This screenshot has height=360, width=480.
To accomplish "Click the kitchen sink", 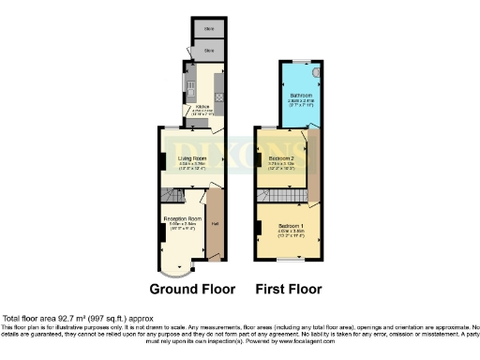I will tap(190, 89).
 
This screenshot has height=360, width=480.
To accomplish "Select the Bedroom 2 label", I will tap(282, 160).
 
